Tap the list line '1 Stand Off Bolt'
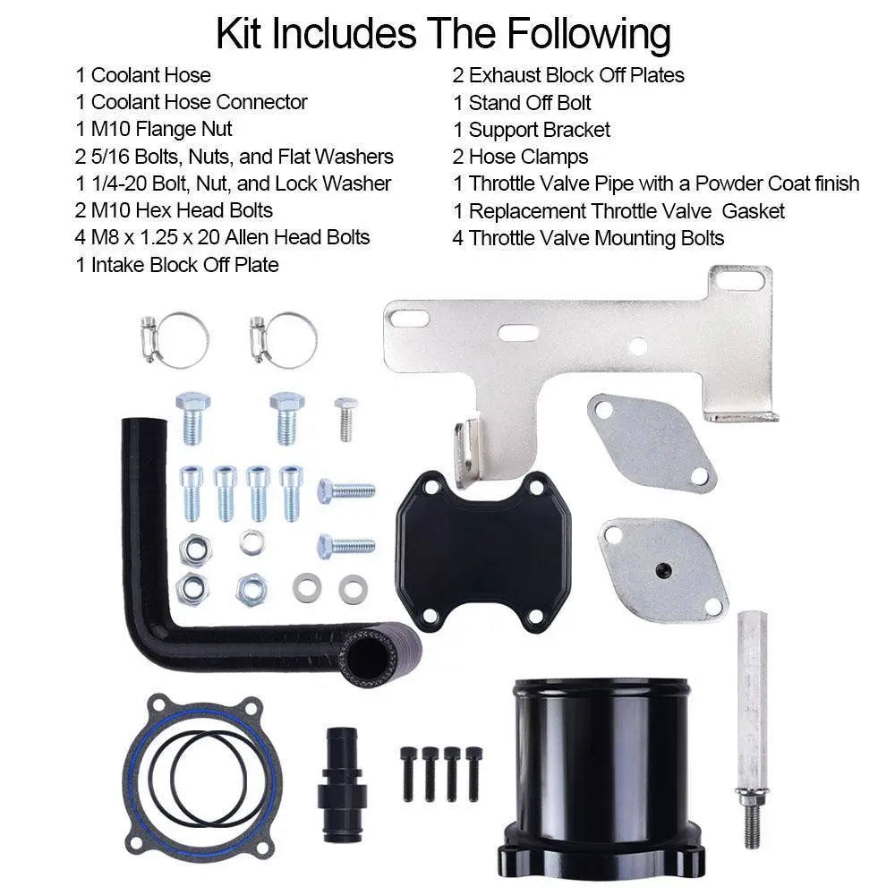pyautogui.click(x=522, y=102)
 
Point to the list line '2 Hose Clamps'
pyautogui.click(x=520, y=157)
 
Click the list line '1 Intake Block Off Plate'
pyautogui.click(x=176, y=265)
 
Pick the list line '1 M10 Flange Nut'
pyautogui.click(x=155, y=129)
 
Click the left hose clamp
pyautogui.click(x=176, y=340)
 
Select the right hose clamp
pyautogui.click(x=285, y=340)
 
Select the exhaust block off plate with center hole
pyautogui.click(x=664, y=567)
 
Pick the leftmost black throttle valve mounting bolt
pyautogui.click(x=408, y=774)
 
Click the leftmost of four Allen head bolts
pyautogui.click(x=192, y=492)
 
